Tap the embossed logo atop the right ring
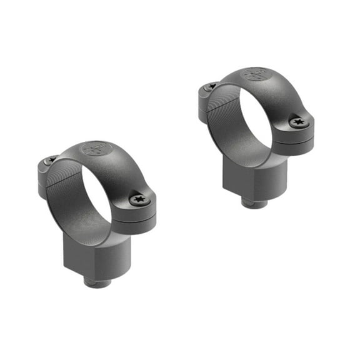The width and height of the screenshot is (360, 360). [x=257, y=74]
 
